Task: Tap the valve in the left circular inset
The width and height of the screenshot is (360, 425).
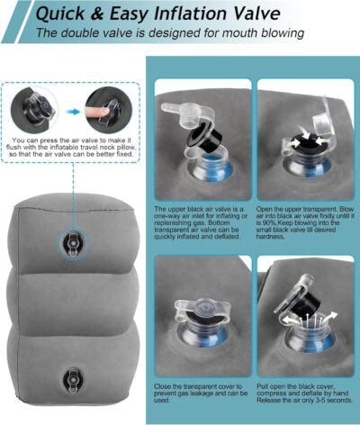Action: pos(41,109)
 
